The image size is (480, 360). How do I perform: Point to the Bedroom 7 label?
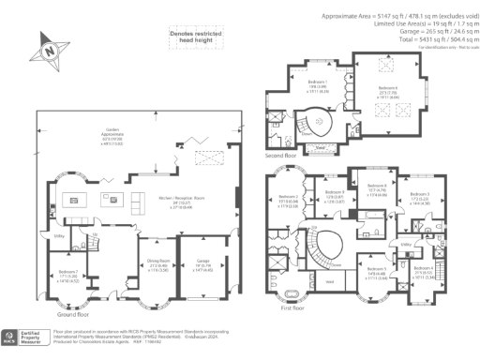[x=57, y=276]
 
